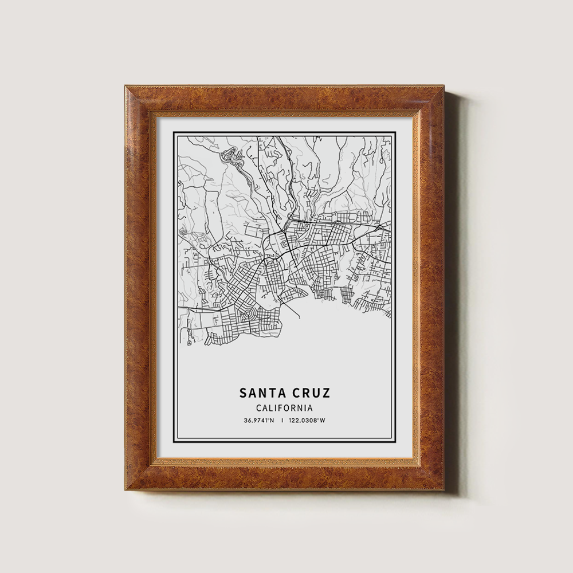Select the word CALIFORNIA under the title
tap(285, 408)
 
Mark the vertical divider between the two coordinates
tap(282, 421)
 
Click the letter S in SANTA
tap(243, 393)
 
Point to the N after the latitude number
tap(272, 421)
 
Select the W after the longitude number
tap(323, 421)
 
